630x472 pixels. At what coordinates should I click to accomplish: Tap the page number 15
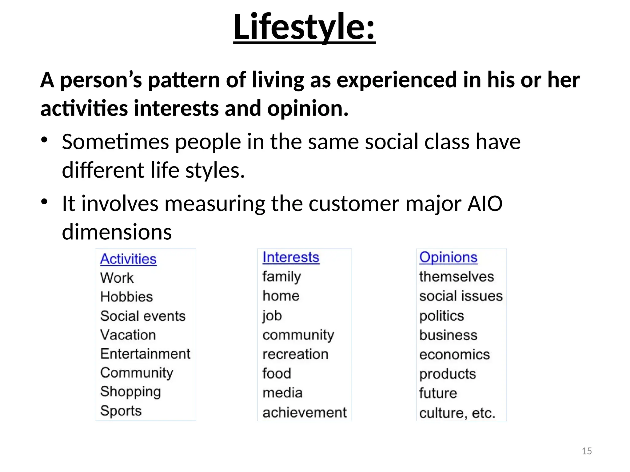[587, 451]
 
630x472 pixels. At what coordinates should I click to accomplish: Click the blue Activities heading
[128, 259]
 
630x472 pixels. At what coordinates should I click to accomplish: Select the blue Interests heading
[291, 257]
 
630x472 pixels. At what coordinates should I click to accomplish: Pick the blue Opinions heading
[448, 257]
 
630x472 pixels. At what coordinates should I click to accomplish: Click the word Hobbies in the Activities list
[126, 297]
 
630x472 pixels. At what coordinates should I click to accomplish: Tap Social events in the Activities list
[143, 316]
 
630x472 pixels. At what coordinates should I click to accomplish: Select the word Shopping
[130, 392]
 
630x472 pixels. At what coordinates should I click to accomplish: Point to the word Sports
[121, 411]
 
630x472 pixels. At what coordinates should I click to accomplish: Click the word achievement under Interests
[304, 412]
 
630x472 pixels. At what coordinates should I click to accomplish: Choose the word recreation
[295, 354]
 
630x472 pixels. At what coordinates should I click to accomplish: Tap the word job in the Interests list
[272, 316]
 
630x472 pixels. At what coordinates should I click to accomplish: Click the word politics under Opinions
[441, 316]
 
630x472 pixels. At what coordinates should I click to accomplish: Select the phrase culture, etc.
[457, 413]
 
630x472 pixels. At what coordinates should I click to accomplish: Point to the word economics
[454, 355]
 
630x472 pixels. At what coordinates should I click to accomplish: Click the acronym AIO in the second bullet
[485, 204]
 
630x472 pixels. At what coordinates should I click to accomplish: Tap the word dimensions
[117, 232]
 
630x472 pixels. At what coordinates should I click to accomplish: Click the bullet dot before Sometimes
[45, 140]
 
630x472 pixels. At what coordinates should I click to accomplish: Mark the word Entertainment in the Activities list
[145, 354]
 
